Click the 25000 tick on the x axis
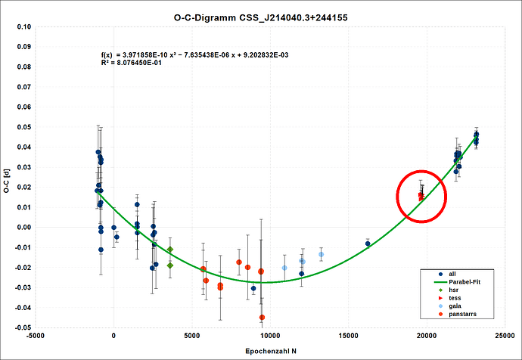(505, 336)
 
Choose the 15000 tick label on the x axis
(348, 336)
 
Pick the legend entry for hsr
(453, 290)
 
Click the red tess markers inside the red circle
(421, 196)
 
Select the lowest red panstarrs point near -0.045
(262, 318)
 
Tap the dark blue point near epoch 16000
(368, 244)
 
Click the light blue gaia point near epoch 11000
(284, 268)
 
